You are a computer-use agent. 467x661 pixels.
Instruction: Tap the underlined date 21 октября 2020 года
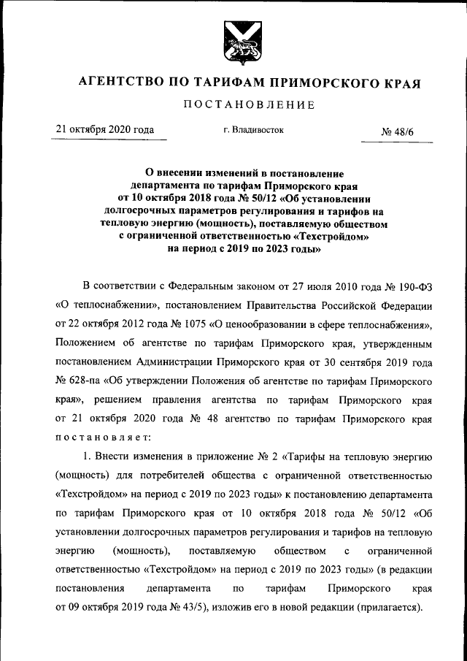[106, 130]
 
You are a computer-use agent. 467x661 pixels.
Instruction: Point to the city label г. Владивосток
[254, 130]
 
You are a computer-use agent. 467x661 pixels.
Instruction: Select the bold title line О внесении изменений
[233, 173]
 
